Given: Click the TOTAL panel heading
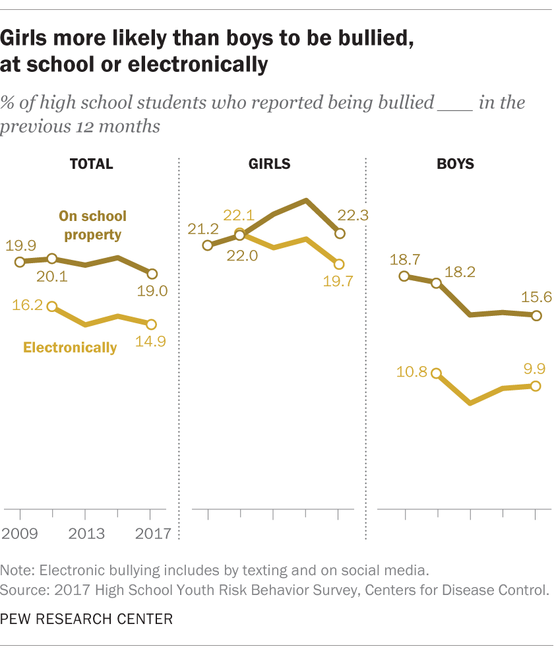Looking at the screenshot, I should point(92,164).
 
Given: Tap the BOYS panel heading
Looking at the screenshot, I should point(455,164).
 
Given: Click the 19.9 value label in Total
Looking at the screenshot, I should point(21,246).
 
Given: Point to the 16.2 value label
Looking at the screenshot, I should point(27,305).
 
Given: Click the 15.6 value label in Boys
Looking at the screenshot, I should point(536,298).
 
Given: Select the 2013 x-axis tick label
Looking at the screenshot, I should point(86,533).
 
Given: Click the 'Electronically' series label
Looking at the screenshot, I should point(70,347).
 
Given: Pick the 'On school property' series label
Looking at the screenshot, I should point(92,225).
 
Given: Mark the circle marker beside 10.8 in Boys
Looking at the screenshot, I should point(436,373).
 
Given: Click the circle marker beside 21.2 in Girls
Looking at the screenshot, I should point(208,245).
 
